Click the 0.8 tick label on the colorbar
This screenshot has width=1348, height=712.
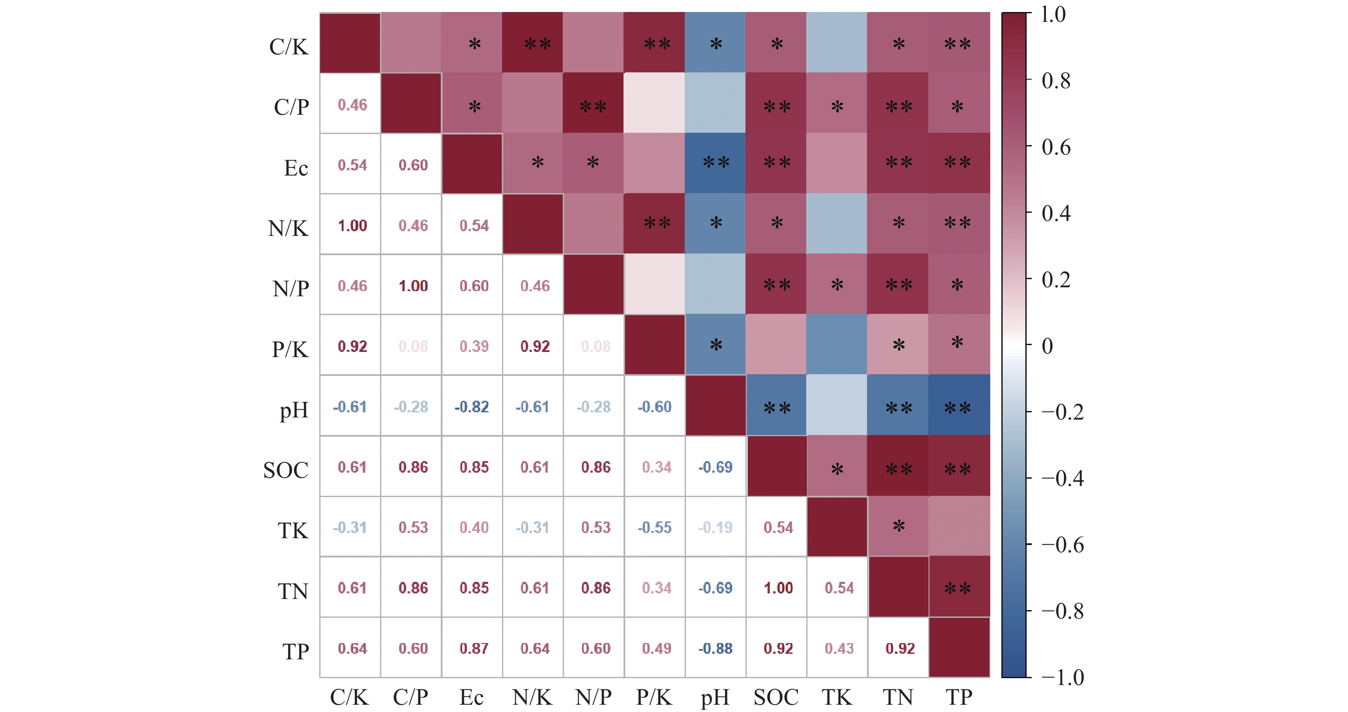pos(1055,81)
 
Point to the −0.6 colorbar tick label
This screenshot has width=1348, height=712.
pos(1062,545)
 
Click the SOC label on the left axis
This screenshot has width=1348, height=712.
pos(286,470)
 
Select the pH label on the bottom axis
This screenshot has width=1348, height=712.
pos(715,697)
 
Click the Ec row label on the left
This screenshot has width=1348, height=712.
pos(296,168)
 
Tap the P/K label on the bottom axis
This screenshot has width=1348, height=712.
pos(654,697)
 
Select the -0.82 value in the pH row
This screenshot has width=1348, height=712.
pos(472,407)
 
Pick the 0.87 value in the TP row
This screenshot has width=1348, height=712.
pos(474,649)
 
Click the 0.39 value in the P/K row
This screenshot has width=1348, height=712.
pos(474,346)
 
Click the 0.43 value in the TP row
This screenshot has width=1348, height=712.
pos(839,649)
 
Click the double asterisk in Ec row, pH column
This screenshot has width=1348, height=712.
pos(716,162)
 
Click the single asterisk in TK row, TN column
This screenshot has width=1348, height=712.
pos(899,526)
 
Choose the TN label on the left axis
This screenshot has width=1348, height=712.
pos(293,592)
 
